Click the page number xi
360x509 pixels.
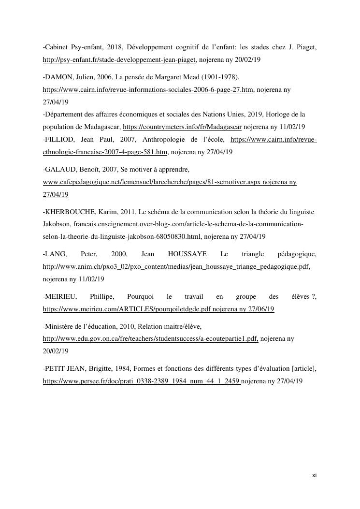[314, 475]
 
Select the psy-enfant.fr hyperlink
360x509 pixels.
[119, 60]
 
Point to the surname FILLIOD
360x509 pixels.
[58, 139]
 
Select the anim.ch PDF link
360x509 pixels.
[176, 266]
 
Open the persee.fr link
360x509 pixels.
[142, 381]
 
